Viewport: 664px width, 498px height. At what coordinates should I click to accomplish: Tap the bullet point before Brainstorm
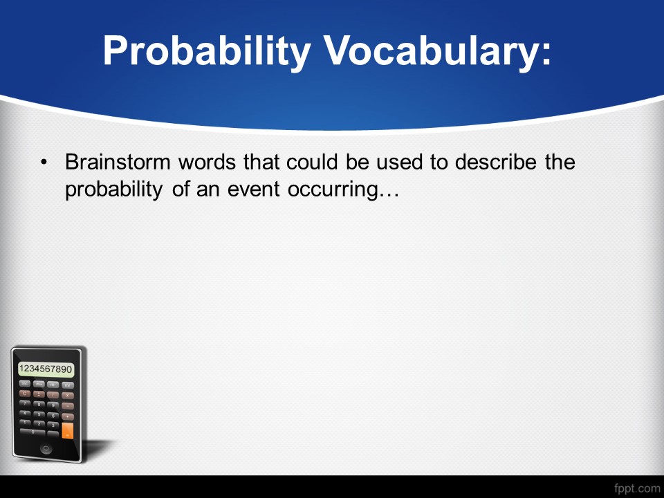pyautogui.click(x=44, y=162)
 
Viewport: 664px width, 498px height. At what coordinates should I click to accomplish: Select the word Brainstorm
pyautogui.click(x=118, y=162)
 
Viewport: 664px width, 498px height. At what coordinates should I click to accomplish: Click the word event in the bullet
pyautogui.click(x=254, y=189)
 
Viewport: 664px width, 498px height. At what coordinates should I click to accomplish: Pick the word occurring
pyautogui.click(x=333, y=190)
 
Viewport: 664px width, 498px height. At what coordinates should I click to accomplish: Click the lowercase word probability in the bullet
pyautogui.click(x=113, y=190)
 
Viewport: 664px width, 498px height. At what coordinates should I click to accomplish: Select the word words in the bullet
pyautogui.click(x=207, y=162)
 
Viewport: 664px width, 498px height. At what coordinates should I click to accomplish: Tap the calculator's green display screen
pyautogui.click(x=46, y=369)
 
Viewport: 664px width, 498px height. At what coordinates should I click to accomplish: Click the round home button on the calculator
pyautogui.click(x=46, y=448)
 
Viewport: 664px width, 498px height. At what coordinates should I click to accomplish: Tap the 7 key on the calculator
pyautogui.click(x=25, y=403)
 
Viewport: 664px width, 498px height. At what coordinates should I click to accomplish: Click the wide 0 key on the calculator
pyautogui.click(x=33, y=432)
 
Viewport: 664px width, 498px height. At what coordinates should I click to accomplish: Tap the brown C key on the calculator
pyautogui.click(x=25, y=394)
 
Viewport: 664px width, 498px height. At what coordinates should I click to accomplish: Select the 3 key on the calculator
pyautogui.click(x=53, y=425)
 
